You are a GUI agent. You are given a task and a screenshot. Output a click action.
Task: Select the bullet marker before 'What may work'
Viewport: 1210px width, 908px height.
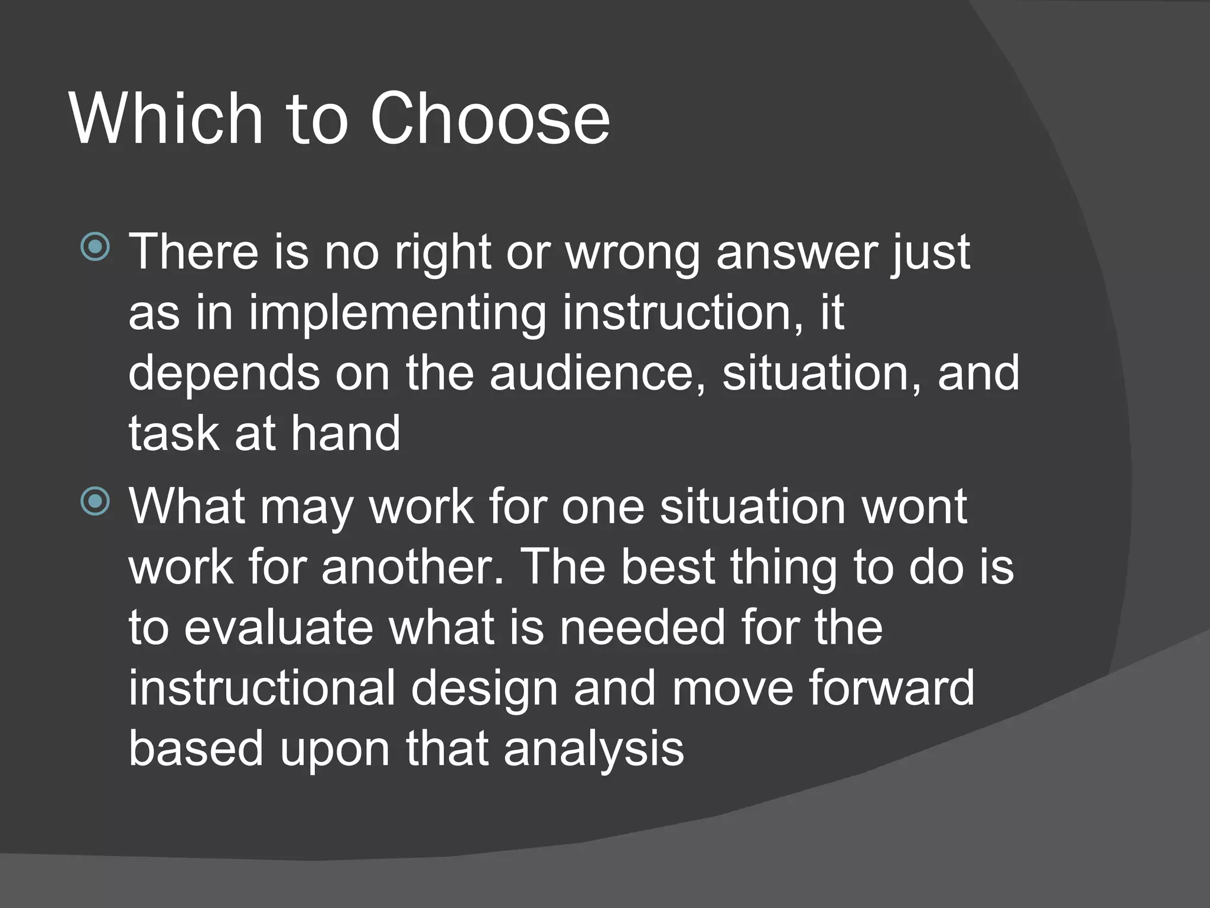[95, 501]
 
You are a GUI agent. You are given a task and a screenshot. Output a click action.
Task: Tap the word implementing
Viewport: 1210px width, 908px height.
[397, 313]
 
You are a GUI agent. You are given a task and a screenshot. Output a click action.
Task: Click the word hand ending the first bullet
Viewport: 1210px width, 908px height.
[346, 433]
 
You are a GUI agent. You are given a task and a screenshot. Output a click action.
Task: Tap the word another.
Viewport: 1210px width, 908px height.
[413, 567]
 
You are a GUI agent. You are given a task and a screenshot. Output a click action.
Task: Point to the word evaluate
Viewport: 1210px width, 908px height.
[278, 628]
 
